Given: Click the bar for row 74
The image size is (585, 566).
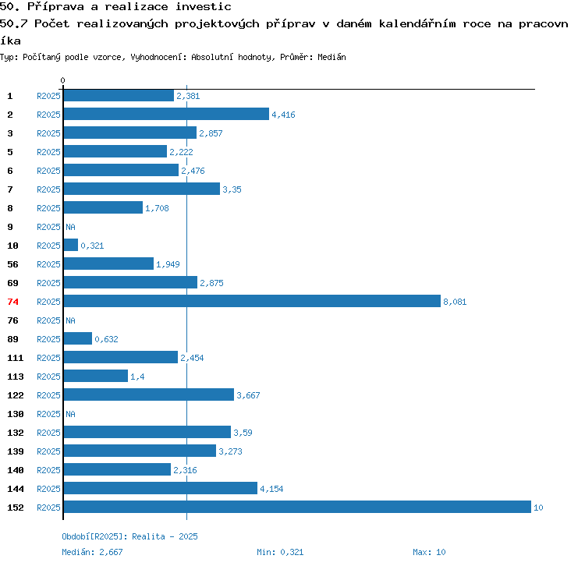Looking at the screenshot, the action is click(252, 301).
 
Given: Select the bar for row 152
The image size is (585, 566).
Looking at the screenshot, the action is click(297, 507).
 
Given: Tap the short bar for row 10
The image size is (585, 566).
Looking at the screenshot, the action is click(71, 245).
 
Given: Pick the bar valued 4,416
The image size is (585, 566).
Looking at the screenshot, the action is click(166, 114).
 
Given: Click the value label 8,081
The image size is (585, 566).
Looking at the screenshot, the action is click(455, 302).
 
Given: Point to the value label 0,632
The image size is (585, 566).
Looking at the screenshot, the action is click(106, 339).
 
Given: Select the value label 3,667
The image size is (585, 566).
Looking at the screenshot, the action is click(248, 395).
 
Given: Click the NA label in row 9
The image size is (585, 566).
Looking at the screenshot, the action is click(70, 227).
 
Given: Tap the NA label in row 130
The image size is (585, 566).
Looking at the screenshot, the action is click(70, 414).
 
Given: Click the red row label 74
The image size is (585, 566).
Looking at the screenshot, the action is click(12, 302).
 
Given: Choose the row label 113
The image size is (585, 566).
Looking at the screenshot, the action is click(16, 377).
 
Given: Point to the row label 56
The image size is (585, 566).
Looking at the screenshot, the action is click(12, 264).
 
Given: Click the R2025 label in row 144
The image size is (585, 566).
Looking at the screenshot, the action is click(48, 489).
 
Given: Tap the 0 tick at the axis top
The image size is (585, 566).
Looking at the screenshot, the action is click(62, 80).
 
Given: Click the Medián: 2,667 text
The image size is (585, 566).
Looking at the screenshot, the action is click(92, 552).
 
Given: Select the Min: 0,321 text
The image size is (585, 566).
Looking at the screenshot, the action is click(280, 552).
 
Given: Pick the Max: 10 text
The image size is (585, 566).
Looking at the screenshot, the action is click(429, 552).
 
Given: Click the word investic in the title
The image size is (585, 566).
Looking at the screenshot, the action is click(204, 7).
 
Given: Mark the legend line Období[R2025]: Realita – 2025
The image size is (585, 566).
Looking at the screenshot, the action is click(129, 536).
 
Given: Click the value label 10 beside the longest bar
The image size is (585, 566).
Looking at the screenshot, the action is click(538, 508).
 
